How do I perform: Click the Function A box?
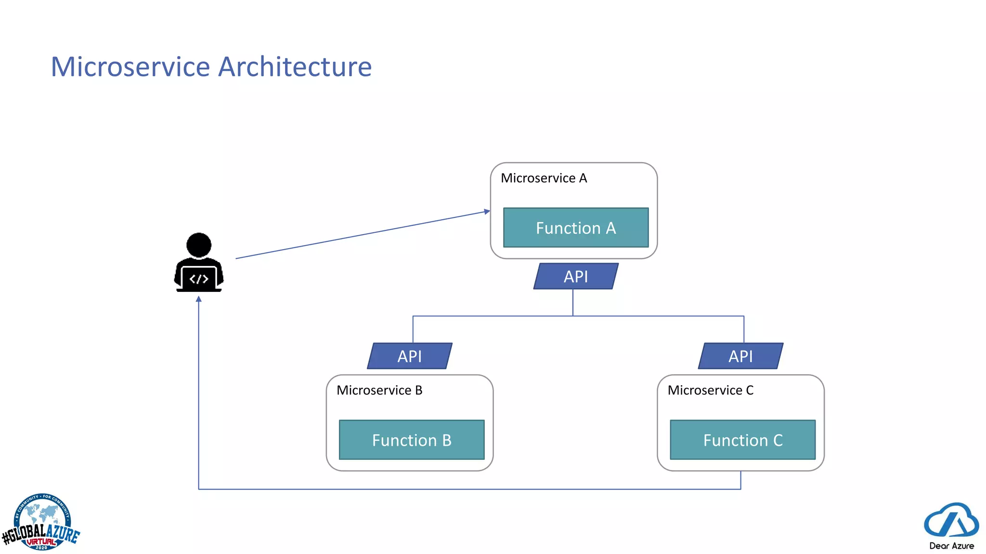point(575,227)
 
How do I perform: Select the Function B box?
point(412,440)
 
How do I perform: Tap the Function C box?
point(742,440)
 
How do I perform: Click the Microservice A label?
point(544,178)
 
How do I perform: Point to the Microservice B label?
point(379,390)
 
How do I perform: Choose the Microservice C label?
point(710,390)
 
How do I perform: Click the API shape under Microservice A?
point(576,276)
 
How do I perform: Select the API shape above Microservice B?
point(409,356)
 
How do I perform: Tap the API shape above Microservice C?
point(740,356)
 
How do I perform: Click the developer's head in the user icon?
point(198,244)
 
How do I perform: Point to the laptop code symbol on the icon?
point(199,279)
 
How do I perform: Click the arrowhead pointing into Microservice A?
point(487,211)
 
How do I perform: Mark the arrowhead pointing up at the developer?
point(198,300)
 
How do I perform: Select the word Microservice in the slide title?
point(130,66)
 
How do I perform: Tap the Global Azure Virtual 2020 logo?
point(41,523)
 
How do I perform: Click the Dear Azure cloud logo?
point(951,520)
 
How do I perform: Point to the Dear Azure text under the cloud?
point(951,546)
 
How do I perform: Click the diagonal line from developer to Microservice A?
point(361,235)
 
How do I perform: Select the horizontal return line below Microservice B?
point(409,489)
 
